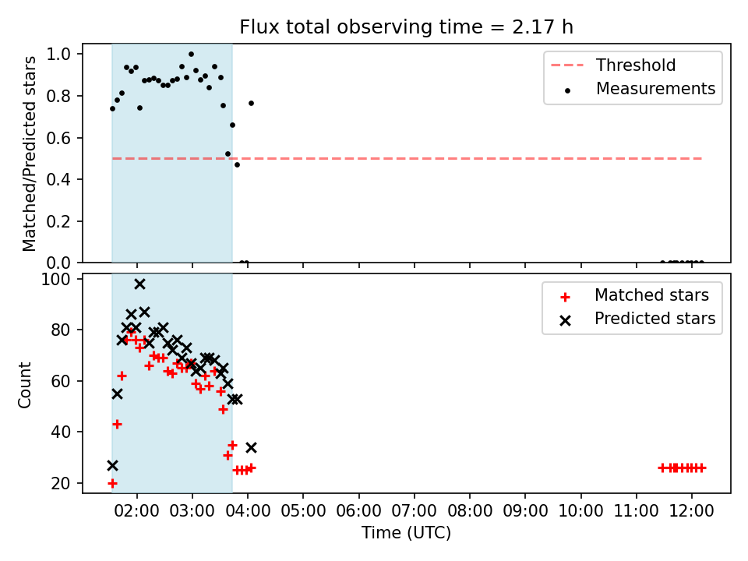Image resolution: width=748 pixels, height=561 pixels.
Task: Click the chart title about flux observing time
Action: point(406,26)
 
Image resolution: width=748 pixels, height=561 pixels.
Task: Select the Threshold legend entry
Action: point(613,65)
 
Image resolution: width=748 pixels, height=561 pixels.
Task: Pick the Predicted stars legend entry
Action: point(637,319)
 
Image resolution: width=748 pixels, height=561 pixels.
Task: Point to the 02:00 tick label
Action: point(137,511)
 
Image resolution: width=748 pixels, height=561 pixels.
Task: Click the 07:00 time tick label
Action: point(414,511)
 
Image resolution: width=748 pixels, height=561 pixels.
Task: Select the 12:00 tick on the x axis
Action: point(691,511)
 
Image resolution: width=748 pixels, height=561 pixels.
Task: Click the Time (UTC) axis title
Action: point(407,533)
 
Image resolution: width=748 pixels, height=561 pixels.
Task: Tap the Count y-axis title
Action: point(24,385)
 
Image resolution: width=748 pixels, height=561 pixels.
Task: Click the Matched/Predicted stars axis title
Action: point(30,153)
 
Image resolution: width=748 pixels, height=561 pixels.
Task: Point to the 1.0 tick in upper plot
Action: point(58,54)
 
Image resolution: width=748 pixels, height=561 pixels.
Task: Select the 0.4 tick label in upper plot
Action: point(58,179)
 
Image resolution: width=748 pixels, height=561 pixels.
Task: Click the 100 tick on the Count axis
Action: point(55,279)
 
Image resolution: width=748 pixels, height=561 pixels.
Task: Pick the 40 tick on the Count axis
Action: point(61,432)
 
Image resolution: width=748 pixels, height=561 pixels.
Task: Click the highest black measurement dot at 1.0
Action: point(192,55)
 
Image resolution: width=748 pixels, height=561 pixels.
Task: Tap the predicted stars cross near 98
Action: point(139,284)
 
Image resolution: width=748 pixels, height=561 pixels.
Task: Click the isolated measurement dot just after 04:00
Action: point(252,104)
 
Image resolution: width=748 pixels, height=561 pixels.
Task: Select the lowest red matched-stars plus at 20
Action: point(112,484)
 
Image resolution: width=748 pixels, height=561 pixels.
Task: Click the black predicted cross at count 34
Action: point(252,447)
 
